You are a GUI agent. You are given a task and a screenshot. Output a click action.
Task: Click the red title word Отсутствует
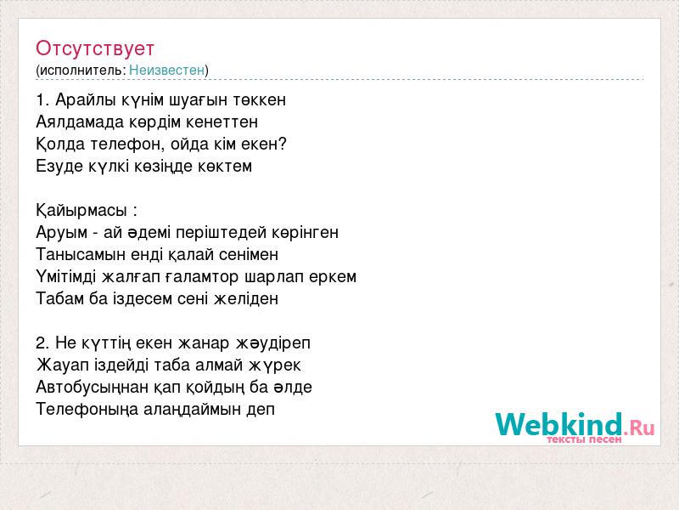tap(95, 48)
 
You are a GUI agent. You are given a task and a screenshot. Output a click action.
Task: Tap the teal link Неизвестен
tap(166, 70)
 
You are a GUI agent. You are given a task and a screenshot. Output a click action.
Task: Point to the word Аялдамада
tap(80, 122)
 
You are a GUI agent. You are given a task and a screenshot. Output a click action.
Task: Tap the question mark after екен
tap(283, 144)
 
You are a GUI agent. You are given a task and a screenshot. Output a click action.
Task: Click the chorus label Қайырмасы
tap(81, 211)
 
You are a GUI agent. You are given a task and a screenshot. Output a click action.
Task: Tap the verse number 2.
tap(42, 343)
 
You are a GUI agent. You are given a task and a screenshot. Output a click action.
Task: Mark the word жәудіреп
tap(273, 343)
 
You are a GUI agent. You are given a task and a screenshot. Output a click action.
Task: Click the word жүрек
tap(274, 365)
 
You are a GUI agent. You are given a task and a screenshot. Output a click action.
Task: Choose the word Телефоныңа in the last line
tap(87, 410)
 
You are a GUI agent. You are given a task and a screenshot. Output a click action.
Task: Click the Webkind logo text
tap(559, 424)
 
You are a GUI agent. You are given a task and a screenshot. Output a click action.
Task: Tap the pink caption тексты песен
tap(584, 439)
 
